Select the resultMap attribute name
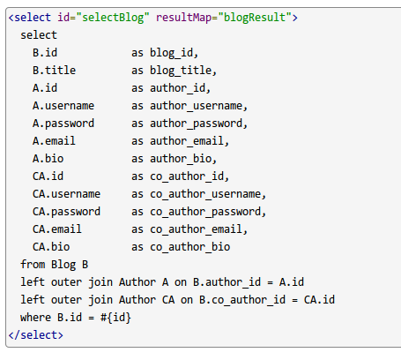[183, 18]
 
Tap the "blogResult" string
[255, 18]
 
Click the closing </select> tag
[36, 335]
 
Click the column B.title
[54, 71]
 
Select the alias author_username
[196, 106]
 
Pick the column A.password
[63, 124]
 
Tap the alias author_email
[187, 141]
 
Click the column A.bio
[48, 159]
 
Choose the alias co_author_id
[187, 176]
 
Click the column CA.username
[66, 194]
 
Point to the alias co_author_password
[205, 212]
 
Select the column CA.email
[57, 229]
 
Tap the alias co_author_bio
[189, 247]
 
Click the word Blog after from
[63, 265]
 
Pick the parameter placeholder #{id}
[115, 318]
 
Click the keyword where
[35, 318]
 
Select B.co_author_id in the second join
[242, 300]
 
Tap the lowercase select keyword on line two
[39, 35]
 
